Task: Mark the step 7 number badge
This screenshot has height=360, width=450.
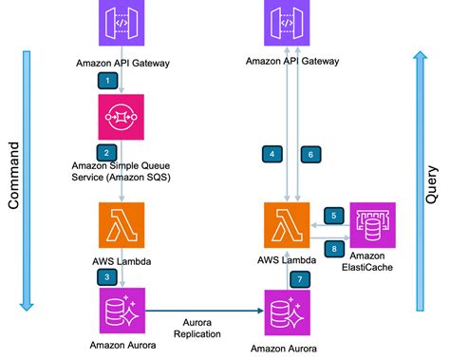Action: coord(300,278)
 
